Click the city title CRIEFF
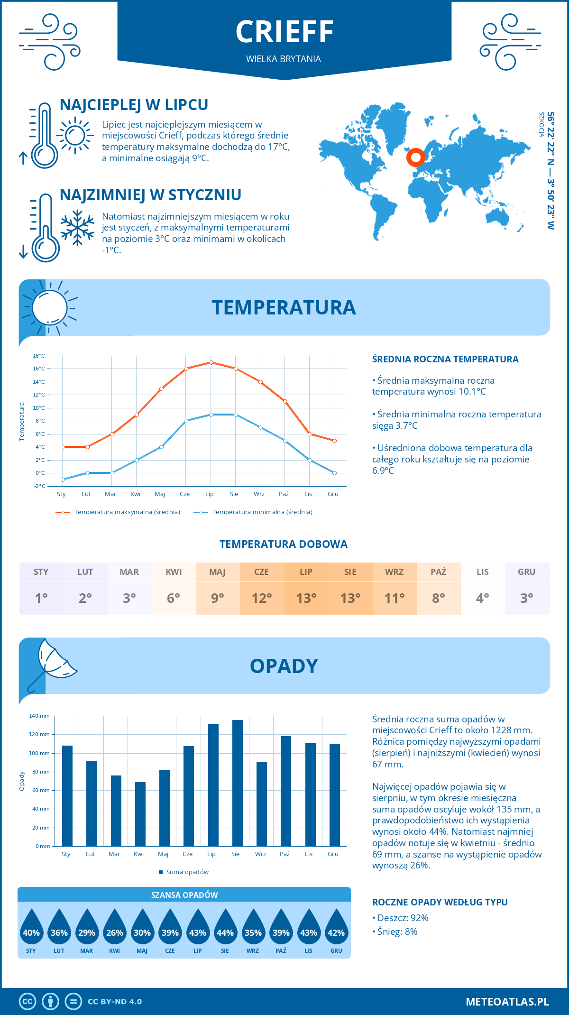point(284,32)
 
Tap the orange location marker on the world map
point(415,157)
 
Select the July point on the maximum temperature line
point(211,362)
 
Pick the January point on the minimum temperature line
point(63,480)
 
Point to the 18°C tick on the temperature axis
point(39,356)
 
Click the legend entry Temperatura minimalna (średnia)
point(262,512)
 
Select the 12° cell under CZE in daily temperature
point(262,598)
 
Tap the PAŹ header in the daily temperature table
point(438,572)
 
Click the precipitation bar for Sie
point(237,783)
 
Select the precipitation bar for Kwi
point(140,814)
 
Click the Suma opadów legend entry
point(187,872)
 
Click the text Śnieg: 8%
point(397,932)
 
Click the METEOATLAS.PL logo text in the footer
point(507,1002)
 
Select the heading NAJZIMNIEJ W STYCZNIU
point(150,195)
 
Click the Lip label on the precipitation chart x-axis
point(211,854)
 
